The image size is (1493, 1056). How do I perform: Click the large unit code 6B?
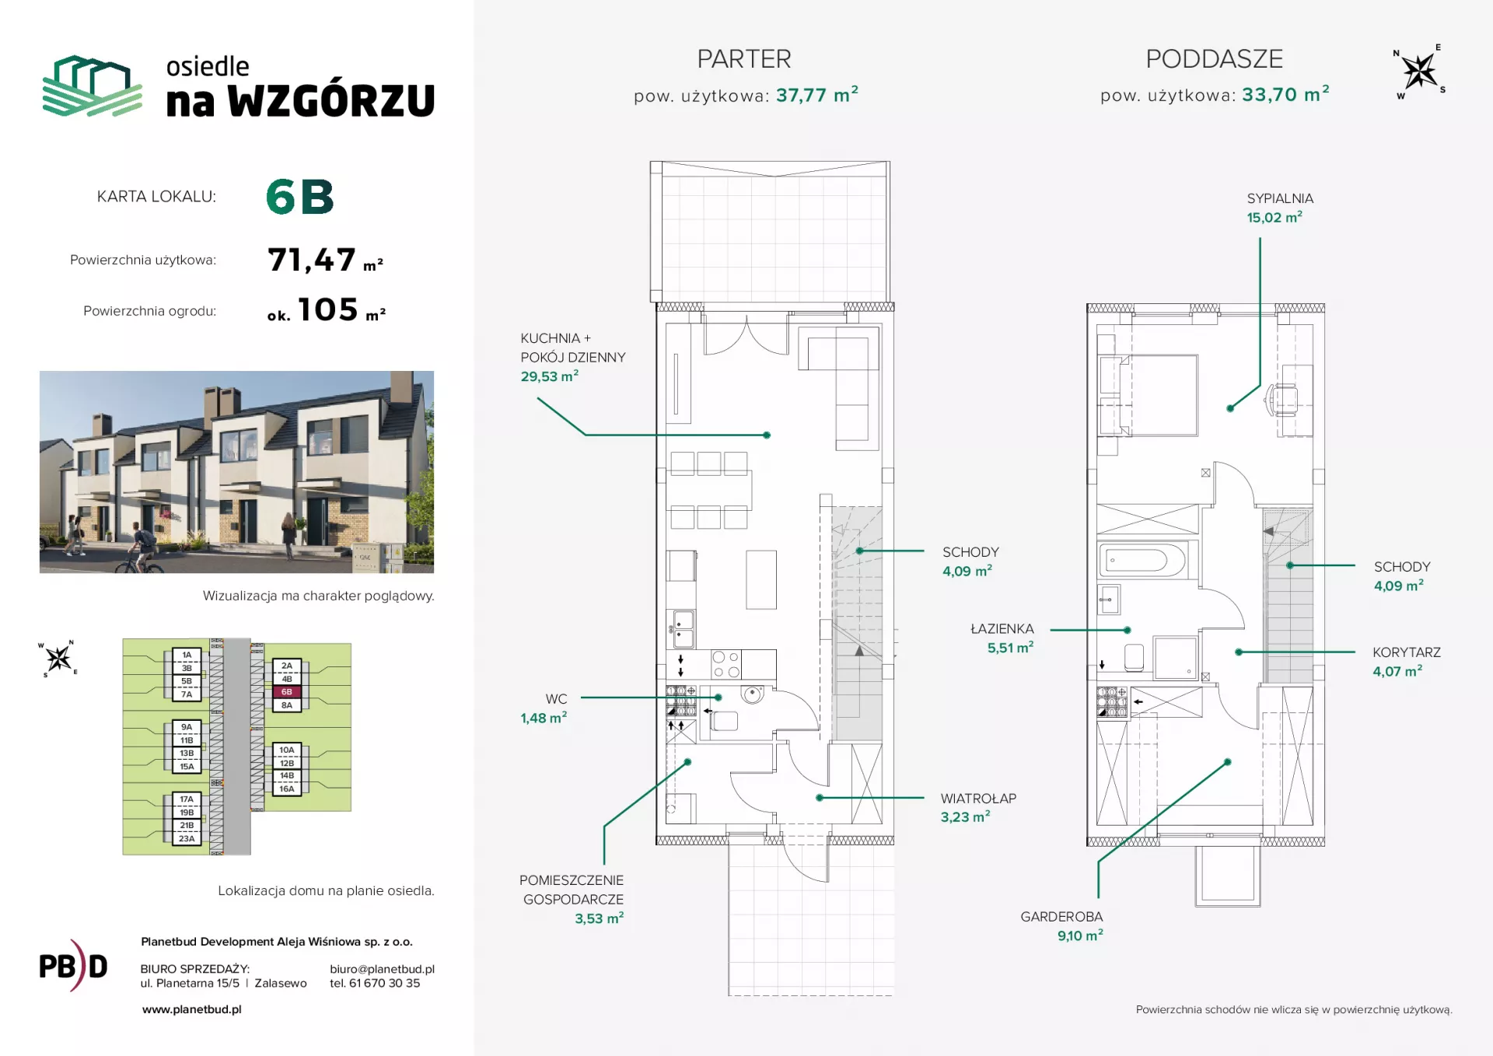[x=299, y=197]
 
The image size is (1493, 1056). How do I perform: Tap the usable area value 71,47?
[x=312, y=260]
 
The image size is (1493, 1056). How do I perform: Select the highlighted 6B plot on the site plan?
[x=287, y=692]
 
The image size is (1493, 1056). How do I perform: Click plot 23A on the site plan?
[x=187, y=838]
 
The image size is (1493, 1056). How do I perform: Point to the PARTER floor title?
[x=744, y=59]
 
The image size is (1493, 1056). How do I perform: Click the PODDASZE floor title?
[x=1214, y=59]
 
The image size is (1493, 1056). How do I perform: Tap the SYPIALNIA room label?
[x=1280, y=199]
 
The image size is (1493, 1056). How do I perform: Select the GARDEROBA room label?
[x=1061, y=917]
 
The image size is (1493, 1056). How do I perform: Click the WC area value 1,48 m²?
[x=544, y=718]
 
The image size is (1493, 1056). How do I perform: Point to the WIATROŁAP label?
[x=978, y=798]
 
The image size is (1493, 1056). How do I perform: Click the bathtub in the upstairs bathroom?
[x=1142, y=559]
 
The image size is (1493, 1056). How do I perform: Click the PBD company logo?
[x=73, y=966]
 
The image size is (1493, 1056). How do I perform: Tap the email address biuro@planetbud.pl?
[x=382, y=969]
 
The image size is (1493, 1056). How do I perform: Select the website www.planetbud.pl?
[x=191, y=1009]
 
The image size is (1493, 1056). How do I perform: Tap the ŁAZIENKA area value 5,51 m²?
[x=1010, y=647]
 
